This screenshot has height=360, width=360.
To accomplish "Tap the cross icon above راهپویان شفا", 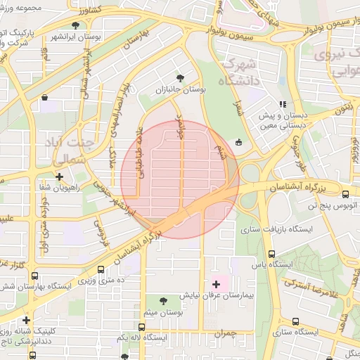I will click(60, 177).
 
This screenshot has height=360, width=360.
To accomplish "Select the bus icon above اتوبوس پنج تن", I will click(345, 194).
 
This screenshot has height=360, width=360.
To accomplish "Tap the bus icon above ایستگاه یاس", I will click(271, 255).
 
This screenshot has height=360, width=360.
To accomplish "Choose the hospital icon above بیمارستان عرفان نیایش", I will click(216, 284).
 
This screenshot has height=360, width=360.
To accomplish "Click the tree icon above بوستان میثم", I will click(165, 300).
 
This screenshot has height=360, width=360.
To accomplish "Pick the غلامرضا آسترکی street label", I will click(316, 287).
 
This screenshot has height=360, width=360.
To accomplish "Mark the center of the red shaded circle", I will click(180, 179).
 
